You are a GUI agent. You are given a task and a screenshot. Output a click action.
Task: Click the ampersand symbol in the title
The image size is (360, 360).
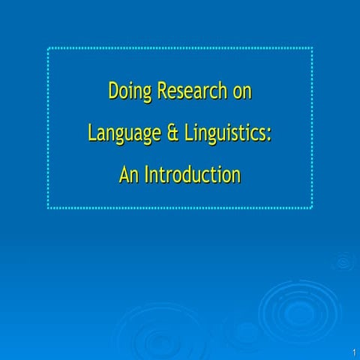(x=172, y=133)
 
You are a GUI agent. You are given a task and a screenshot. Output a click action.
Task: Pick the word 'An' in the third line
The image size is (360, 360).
(x=129, y=175)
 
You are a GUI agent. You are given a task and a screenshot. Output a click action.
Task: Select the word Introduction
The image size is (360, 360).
(x=193, y=175)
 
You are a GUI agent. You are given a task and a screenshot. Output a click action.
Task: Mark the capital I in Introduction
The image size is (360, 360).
(x=147, y=175)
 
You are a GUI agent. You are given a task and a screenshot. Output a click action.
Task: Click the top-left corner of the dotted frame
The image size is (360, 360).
(x=49, y=49)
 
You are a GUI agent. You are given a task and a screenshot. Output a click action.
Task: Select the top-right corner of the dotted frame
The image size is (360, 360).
(x=312, y=49)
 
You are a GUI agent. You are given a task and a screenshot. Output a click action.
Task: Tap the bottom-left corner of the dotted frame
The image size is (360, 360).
(x=49, y=208)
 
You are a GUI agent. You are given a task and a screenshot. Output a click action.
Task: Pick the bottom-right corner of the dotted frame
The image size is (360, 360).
(x=312, y=208)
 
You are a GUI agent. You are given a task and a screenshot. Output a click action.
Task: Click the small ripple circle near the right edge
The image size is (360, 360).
(x=344, y=262)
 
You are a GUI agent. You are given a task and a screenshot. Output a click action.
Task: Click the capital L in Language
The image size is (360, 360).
(x=92, y=133)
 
